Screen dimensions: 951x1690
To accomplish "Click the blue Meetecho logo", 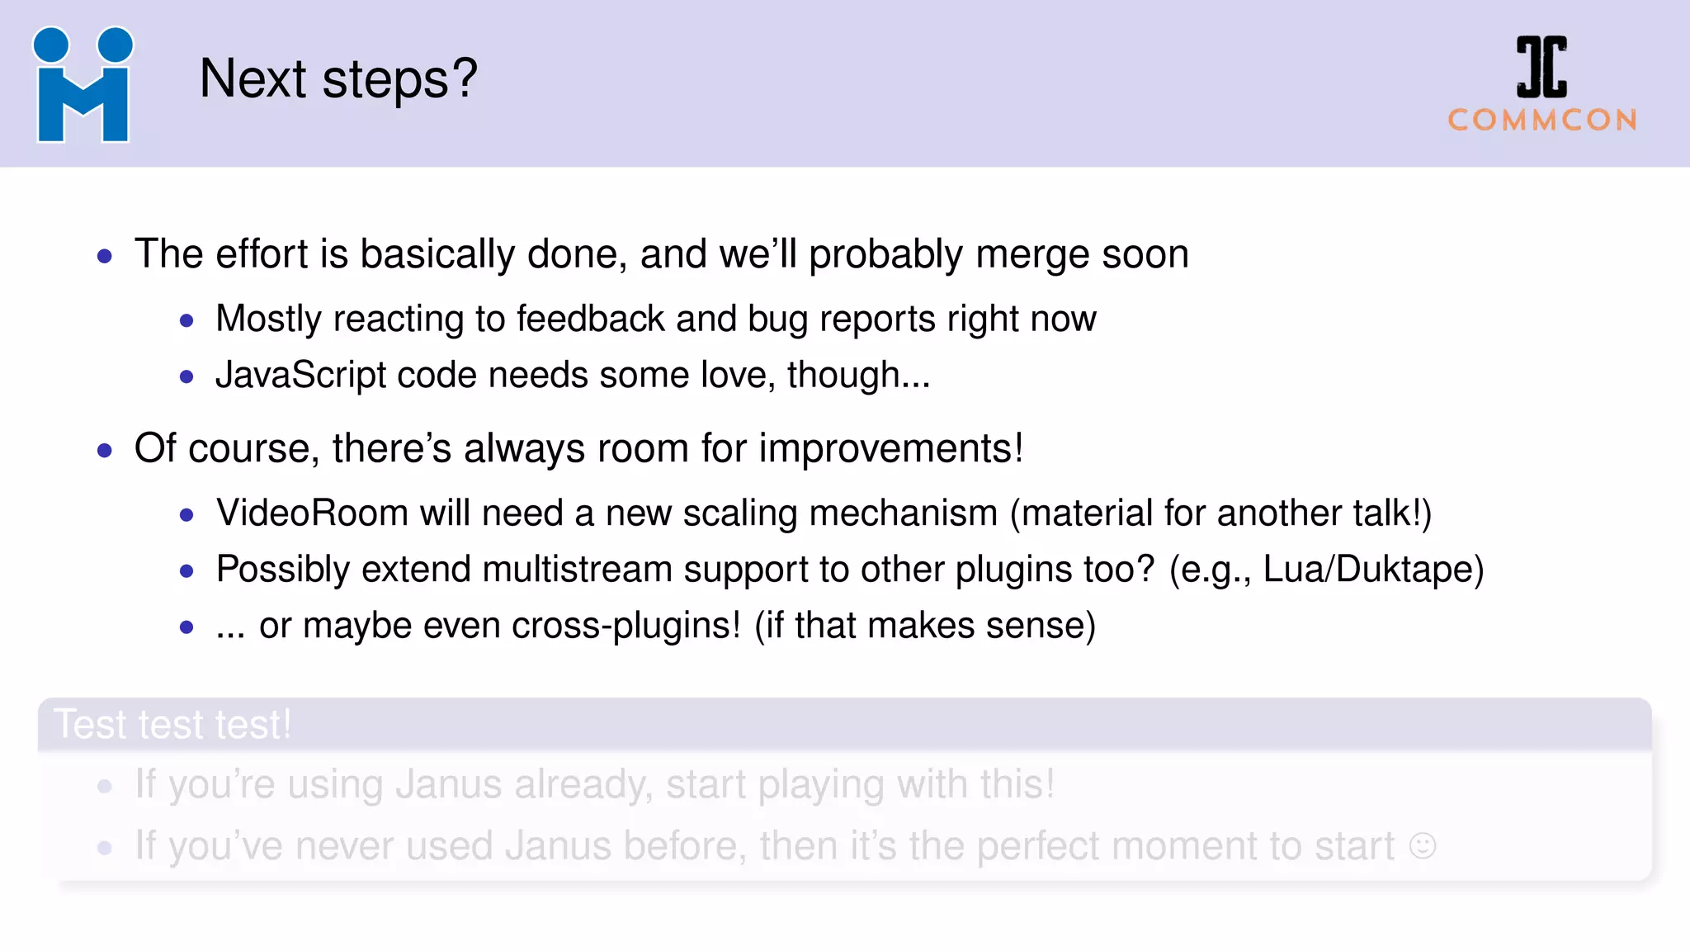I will coord(83,84).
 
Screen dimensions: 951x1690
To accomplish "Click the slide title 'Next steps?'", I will coord(338,79).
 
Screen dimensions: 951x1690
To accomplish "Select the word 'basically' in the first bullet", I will coord(437,254).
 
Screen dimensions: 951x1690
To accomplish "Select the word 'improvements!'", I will coord(890,449).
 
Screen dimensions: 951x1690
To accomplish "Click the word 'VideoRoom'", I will coord(312,513).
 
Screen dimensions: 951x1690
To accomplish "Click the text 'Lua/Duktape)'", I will coord(1373,570).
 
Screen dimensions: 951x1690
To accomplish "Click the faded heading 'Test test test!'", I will coord(172,725).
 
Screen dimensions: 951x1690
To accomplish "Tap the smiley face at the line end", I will coord(1423,846).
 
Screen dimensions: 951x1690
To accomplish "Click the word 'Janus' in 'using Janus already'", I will coord(448,784).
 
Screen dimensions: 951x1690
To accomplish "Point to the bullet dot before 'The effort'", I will coord(105,256).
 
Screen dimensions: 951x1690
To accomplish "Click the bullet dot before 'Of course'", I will coord(105,451).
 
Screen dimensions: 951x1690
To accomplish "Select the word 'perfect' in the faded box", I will coord(1038,847).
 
